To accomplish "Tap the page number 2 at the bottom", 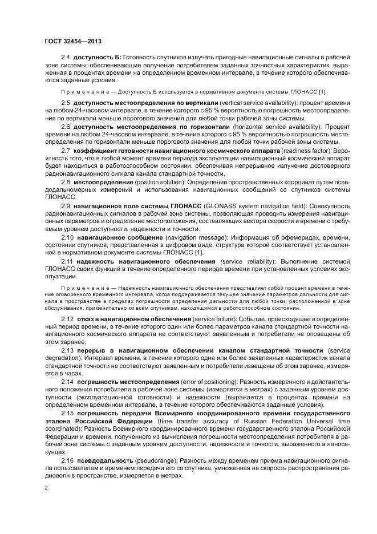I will tap(46, 488).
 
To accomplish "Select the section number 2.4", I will tap(65, 58).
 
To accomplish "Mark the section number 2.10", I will tap(67, 236).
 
